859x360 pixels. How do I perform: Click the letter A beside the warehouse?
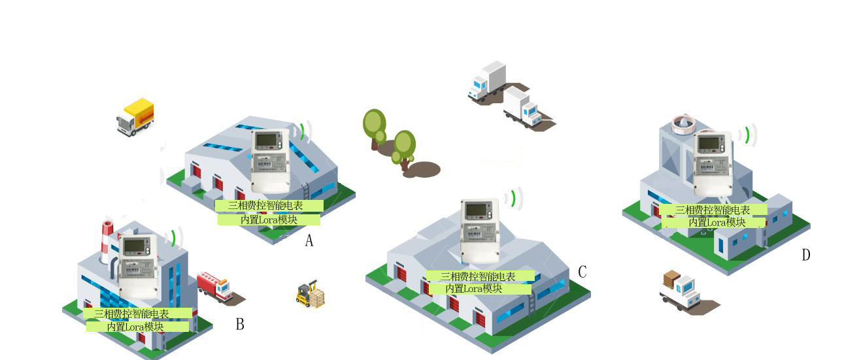pyautogui.click(x=309, y=241)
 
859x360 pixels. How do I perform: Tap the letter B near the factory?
pyautogui.click(x=240, y=324)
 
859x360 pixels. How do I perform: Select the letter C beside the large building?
pyautogui.click(x=582, y=272)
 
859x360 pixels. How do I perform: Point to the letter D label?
pyautogui.click(x=806, y=255)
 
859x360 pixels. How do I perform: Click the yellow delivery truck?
pyautogui.click(x=135, y=117)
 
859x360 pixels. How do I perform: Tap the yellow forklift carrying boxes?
pyautogui.click(x=311, y=294)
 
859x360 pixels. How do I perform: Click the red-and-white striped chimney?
pyautogui.click(x=107, y=242)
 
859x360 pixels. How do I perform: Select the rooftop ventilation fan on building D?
pyautogui.click(x=685, y=124)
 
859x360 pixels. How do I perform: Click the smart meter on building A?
pyautogui.click(x=270, y=161)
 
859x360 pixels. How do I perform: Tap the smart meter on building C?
pyautogui.click(x=480, y=231)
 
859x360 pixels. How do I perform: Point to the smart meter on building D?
pyautogui.click(x=713, y=164)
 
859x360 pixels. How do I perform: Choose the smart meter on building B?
pyautogui.click(x=138, y=267)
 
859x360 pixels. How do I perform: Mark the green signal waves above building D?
pyautogui.click(x=748, y=136)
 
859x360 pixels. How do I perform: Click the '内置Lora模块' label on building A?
pyautogui.click(x=269, y=220)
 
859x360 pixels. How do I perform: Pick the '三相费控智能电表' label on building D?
pyautogui.click(x=713, y=210)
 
